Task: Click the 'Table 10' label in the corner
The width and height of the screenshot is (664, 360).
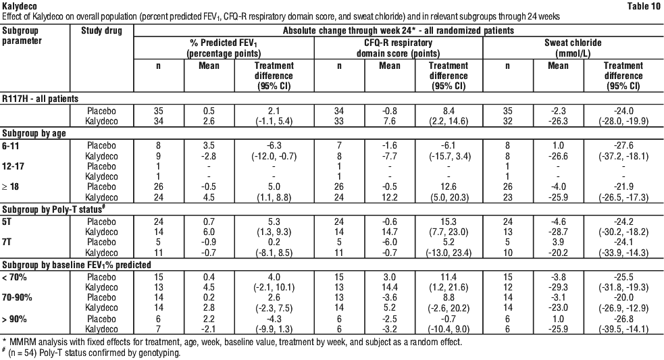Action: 643,6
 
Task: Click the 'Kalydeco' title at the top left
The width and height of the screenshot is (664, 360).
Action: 20,6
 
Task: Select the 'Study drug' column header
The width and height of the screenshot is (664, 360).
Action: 101,30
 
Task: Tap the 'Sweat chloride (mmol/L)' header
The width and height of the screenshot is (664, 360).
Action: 573,48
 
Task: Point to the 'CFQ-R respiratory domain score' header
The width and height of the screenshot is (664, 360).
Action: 398,48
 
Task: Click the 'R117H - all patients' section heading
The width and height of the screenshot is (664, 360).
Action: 41,99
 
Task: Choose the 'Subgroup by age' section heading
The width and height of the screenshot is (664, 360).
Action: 34,134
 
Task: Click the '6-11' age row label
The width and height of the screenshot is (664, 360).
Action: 11,146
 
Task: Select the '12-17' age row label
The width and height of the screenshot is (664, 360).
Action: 13,166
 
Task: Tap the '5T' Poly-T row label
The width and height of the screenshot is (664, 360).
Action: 7,221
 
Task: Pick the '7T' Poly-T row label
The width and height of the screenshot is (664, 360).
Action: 7,242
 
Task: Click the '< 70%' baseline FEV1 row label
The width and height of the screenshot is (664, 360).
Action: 14,277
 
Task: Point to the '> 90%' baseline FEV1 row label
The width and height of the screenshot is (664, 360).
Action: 14,319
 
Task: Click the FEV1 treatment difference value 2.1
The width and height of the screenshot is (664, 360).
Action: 274,111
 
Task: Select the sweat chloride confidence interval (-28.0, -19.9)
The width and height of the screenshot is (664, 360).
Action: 623,121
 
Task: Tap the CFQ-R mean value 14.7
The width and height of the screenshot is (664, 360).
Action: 390,232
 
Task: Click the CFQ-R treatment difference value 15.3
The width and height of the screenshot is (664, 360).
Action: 449,222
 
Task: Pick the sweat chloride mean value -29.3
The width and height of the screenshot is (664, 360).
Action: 558,287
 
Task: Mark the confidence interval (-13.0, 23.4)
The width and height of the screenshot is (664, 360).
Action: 449,253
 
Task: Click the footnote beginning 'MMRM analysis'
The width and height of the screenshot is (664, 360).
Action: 232,342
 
